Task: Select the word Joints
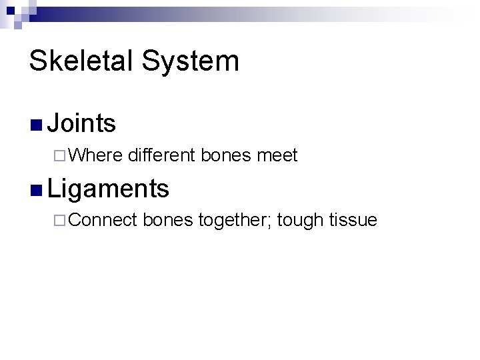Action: pos(83,123)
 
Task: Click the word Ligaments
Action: pos(109,189)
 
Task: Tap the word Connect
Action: pos(103,221)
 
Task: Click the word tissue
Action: pos(355,221)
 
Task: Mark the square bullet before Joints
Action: pos(36,125)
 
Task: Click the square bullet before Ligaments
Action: pos(36,189)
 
